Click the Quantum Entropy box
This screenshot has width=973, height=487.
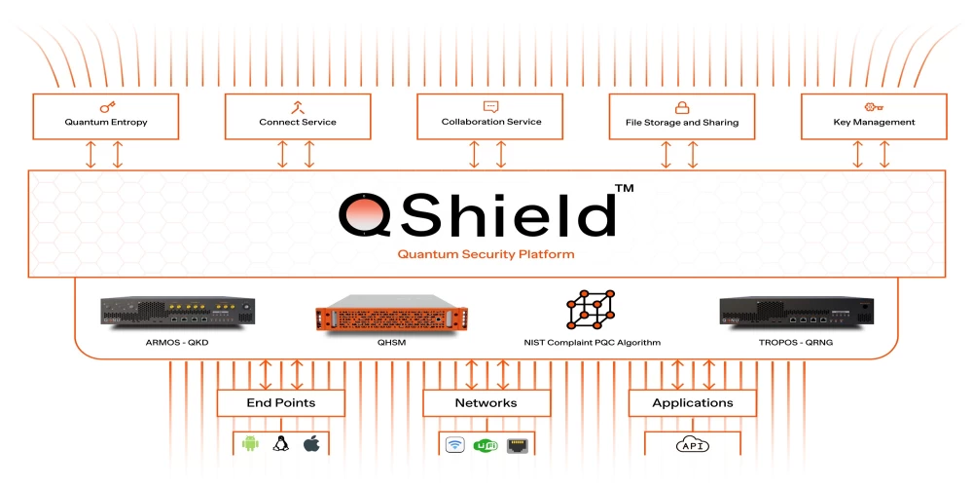(106, 116)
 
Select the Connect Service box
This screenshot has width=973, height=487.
(297, 116)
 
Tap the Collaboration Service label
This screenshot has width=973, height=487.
(491, 122)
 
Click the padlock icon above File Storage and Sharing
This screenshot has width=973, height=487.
(682, 107)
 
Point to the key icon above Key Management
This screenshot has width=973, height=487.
(874, 107)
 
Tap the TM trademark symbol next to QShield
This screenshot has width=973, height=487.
(624, 187)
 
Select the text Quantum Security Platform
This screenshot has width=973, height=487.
(486, 254)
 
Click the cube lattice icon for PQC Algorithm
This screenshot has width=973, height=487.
(590, 310)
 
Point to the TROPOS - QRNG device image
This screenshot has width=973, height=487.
(795, 311)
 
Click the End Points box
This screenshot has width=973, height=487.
(280, 402)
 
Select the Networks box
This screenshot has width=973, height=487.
(486, 402)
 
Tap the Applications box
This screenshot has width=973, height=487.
(692, 402)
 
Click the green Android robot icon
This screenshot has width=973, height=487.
(250, 444)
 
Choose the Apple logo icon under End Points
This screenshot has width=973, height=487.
(311, 444)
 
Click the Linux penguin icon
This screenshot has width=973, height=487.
(281, 444)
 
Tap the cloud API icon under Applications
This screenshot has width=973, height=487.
(692, 445)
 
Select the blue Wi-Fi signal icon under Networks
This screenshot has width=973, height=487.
(454, 445)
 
